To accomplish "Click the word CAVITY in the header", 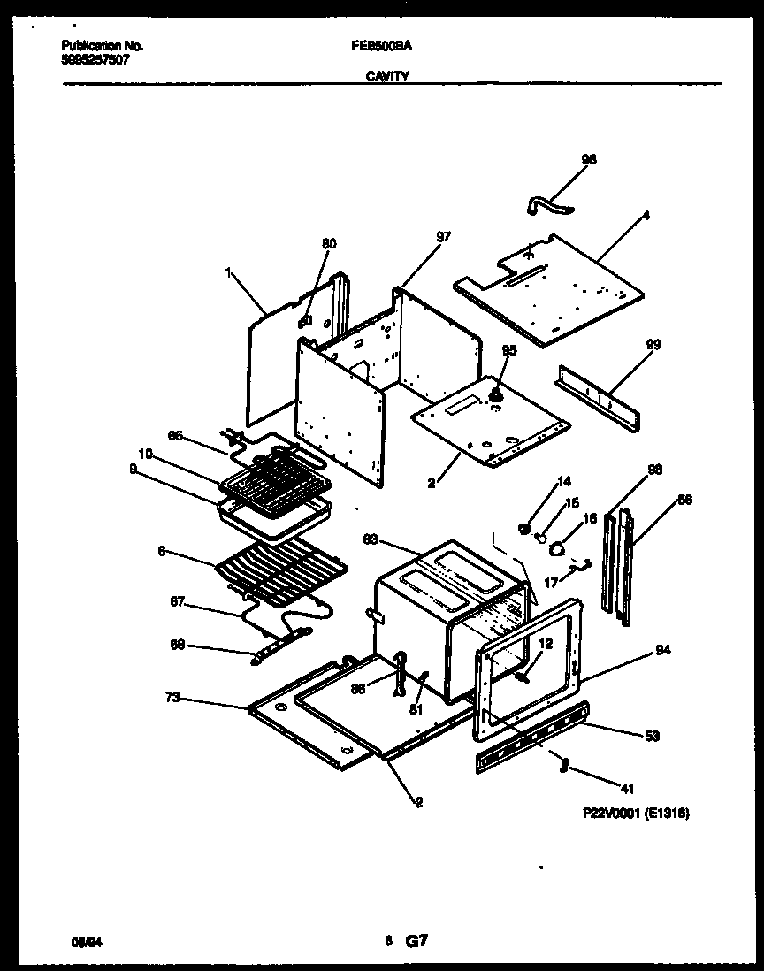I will point(386,77).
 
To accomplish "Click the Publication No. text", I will point(103,45).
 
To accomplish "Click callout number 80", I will point(329,243).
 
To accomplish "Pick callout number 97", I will point(443,236).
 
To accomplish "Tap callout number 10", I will point(146,454).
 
